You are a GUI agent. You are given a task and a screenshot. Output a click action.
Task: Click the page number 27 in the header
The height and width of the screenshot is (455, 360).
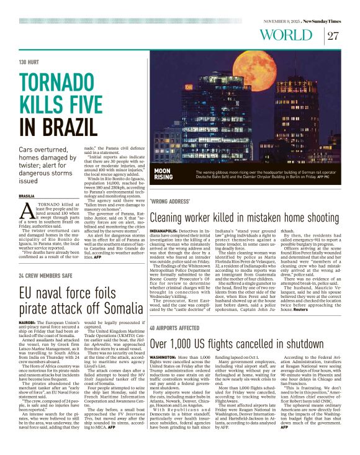tap(333, 35)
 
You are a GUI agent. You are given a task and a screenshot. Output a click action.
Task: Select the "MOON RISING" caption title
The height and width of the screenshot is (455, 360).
tap(163, 173)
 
